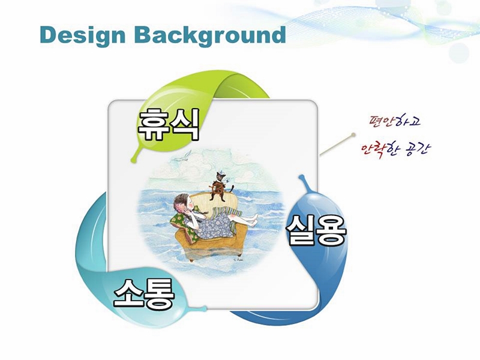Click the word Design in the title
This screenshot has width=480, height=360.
pos(83,35)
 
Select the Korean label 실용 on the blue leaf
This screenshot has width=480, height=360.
pos(317,230)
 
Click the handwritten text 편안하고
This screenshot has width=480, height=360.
pos(395,121)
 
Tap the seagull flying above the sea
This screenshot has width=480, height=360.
pos(183,155)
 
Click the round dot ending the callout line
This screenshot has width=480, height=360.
pos(353,134)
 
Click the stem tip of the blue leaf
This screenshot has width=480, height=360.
pos(301,176)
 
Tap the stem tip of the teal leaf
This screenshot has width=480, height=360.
pos(205,308)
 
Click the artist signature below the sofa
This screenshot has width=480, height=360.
pos(238,259)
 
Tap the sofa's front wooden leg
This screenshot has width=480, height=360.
pos(191,260)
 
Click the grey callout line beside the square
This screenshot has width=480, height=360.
pos(337,145)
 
